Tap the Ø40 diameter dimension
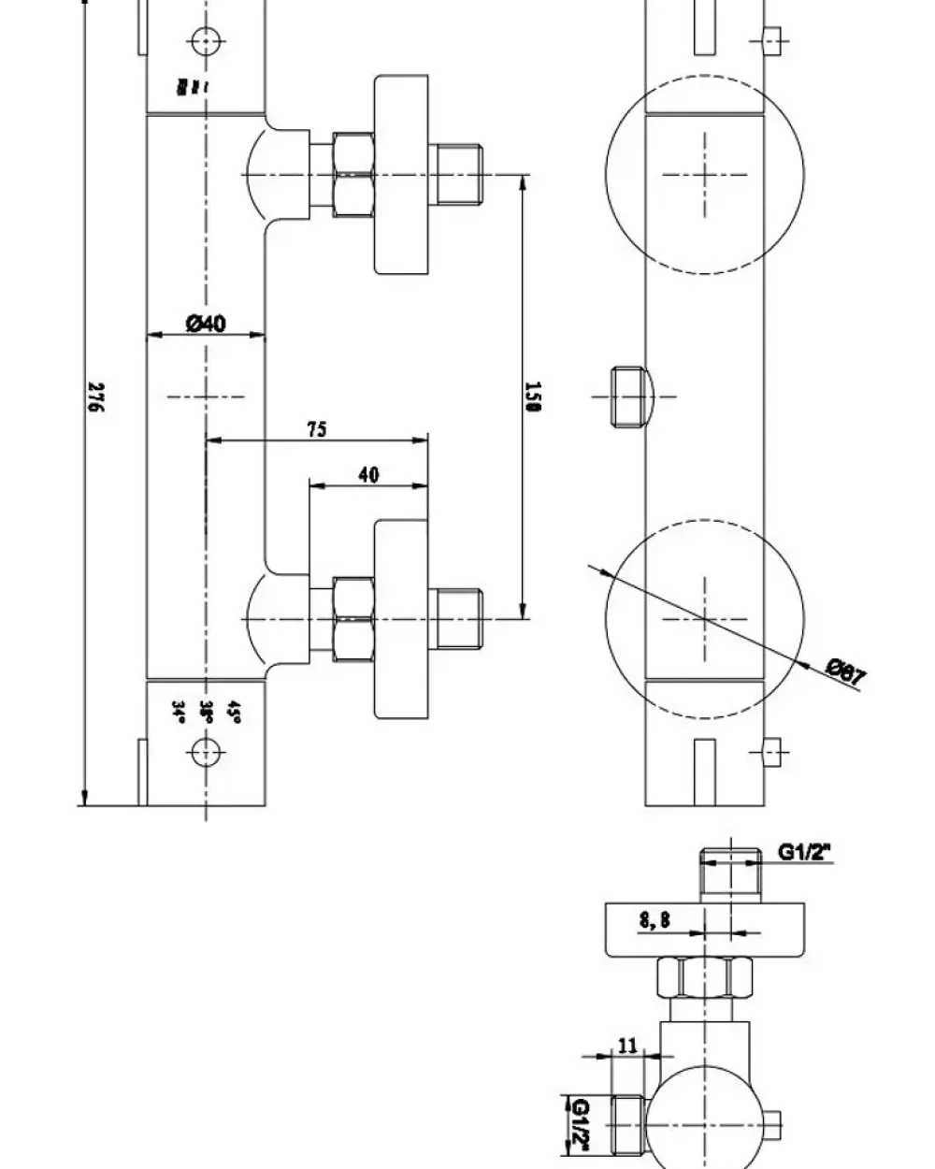click(x=206, y=324)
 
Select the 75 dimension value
click(x=316, y=429)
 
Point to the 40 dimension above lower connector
click(x=368, y=475)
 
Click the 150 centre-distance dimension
click(x=534, y=396)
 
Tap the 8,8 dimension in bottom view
click(x=654, y=920)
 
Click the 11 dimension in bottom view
click(x=627, y=1045)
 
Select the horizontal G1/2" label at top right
click(x=805, y=852)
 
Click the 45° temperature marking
click(x=234, y=714)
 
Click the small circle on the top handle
click(x=204, y=40)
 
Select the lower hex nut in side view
click(x=354, y=618)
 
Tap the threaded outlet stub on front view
click(x=628, y=396)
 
